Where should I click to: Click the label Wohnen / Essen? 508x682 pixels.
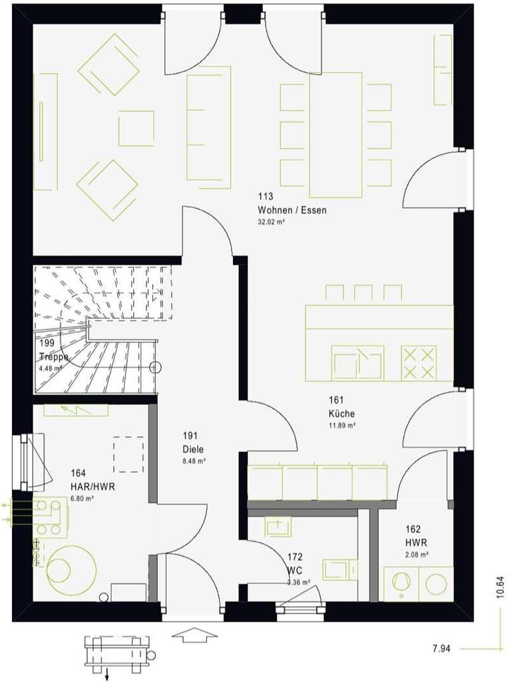pyautogui.click(x=292, y=210)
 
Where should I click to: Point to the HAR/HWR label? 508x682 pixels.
pyautogui.click(x=93, y=487)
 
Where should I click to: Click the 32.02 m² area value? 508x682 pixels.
pyautogui.click(x=271, y=222)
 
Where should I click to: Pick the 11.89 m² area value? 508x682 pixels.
pyautogui.click(x=342, y=424)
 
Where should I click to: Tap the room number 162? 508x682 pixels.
pyautogui.click(x=412, y=529)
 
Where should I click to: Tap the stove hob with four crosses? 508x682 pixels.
pyautogui.click(x=419, y=363)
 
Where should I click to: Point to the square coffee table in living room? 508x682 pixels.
pyautogui.click(x=136, y=129)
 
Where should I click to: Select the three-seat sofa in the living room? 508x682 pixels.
pyautogui.click(x=208, y=127)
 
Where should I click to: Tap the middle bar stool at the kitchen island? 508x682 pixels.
pyautogui.click(x=363, y=292)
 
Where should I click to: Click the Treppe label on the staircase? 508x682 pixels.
pyautogui.click(x=53, y=356)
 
